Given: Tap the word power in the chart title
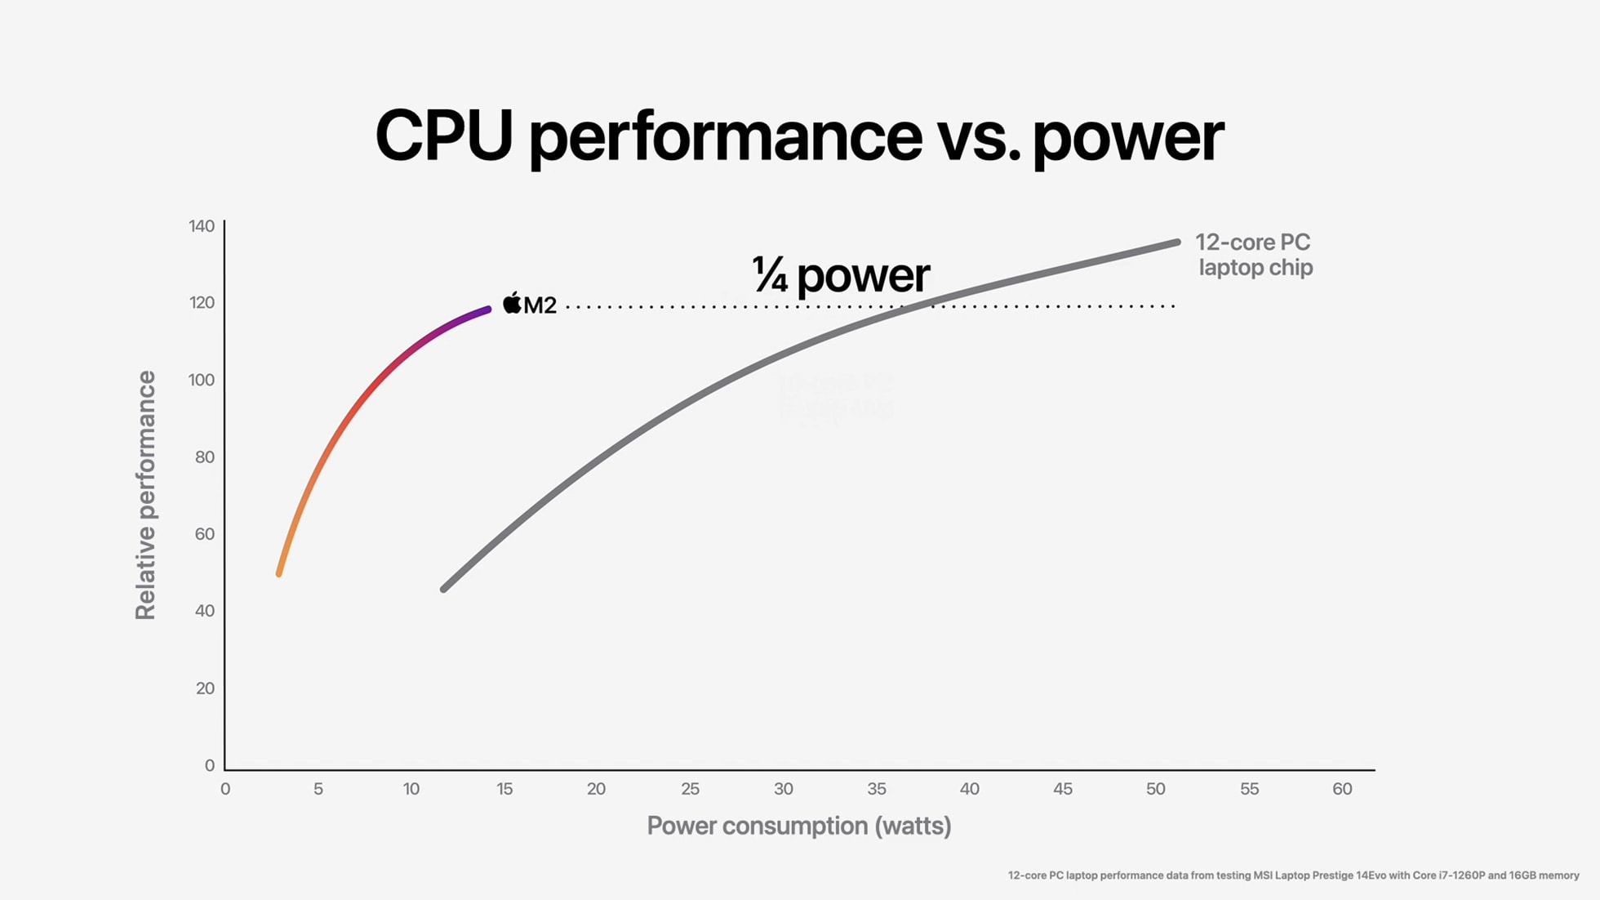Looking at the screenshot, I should tap(1127, 139).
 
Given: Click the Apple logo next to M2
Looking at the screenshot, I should tap(512, 304).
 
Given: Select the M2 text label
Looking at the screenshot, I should tap(540, 305).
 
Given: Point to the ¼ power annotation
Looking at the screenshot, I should tap(840, 275).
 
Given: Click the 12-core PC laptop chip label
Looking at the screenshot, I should tap(1254, 255).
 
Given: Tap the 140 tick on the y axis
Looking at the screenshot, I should tap(202, 226).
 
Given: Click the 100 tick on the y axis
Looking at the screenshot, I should tap(202, 380).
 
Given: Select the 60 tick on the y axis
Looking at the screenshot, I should tap(205, 534).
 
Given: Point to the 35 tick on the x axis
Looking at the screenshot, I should tap(876, 789).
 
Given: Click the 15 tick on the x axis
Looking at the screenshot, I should tap(504, 789).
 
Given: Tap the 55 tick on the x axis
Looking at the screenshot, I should tap(1249, 789).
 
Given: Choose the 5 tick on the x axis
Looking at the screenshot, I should tap(318, 789).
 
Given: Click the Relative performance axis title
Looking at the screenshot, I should tap(145, 495).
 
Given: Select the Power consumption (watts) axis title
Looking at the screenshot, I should tap(798, 826).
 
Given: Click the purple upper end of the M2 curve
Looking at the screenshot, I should tap(487, 310).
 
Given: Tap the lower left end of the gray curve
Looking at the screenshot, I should tap(443, 589).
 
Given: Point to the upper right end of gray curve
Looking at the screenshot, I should tap(1177, 242).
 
